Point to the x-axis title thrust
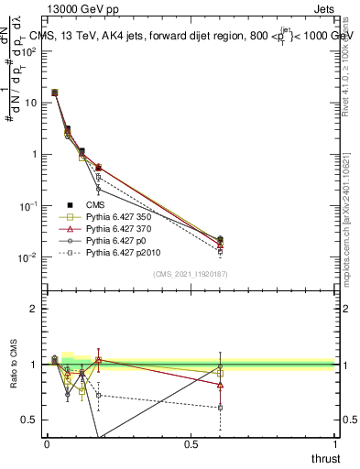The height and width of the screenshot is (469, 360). [327, 458]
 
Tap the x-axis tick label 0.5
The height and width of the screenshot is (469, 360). [191, 444]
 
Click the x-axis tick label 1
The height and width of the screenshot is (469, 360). [336, 444]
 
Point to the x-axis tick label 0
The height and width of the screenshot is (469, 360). [47, 444]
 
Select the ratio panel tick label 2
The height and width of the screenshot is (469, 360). [34, 309]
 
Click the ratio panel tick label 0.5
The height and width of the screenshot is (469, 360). [29, 420]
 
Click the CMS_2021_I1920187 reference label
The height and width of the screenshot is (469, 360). [191, 274]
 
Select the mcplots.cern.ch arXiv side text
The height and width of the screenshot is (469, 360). [352, 183]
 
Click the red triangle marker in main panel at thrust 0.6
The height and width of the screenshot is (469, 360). [220, 245]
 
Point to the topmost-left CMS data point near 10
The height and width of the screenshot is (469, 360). [54, 93]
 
